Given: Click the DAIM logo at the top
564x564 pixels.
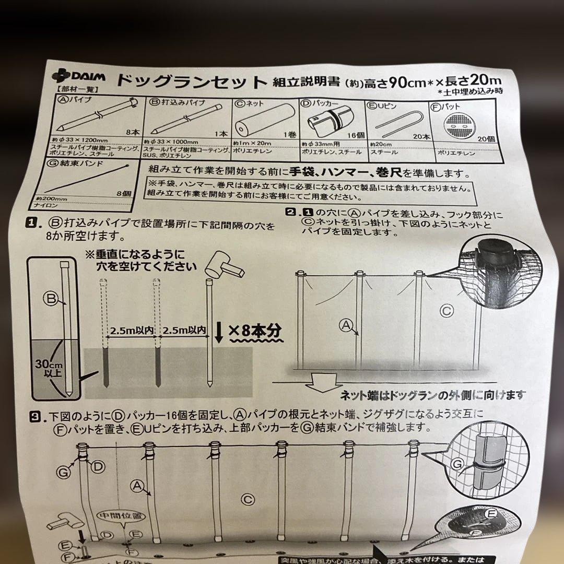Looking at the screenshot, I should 79,76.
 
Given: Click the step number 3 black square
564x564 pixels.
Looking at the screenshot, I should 35,416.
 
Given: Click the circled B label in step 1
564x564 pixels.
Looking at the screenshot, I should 50,299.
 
